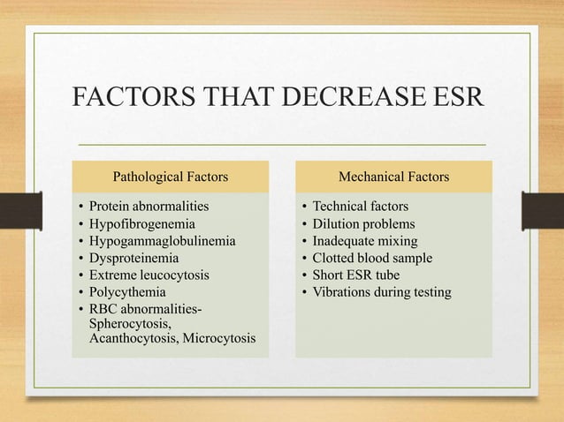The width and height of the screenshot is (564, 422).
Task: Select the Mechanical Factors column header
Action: (393, 177)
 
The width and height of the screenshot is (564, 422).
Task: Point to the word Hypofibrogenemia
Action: (141, 224)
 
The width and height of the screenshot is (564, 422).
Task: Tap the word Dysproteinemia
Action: (133, 258)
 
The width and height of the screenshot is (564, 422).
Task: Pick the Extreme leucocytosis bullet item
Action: (149, 275)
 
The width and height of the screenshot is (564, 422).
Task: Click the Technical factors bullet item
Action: (361, 207)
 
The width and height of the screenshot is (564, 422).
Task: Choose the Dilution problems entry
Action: (363, 224)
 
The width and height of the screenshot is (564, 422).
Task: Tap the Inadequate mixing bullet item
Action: (365, 241)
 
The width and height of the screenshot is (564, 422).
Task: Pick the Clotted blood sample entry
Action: (372, 258)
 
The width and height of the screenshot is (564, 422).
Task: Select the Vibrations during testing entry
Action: (382, 291)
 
